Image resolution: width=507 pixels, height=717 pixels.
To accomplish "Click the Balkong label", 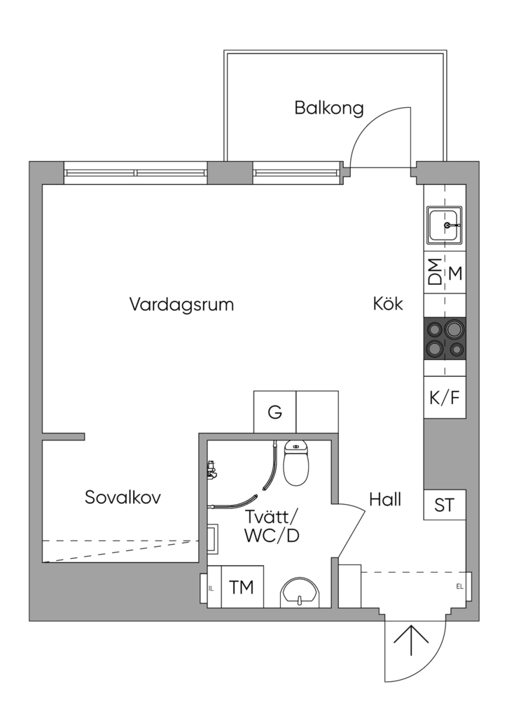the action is [x=328, y=108].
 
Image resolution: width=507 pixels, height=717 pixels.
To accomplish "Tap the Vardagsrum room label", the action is [x=181, y=304].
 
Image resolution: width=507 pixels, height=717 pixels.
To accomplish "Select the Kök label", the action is [x=388, y=304].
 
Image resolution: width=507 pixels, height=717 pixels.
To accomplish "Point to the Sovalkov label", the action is [x=123, y=497].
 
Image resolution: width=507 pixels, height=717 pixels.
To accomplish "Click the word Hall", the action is [x=385, y=499].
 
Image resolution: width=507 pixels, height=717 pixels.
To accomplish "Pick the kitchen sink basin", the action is [x=445, y=225].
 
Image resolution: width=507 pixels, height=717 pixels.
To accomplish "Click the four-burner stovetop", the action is [x=445, y=339].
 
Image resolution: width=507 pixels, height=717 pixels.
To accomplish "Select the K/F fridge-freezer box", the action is [x=445, y=397].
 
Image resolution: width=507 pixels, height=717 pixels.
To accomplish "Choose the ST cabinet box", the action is [x=445, y=505].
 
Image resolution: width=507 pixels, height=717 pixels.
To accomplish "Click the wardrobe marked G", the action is [x=275, y=412].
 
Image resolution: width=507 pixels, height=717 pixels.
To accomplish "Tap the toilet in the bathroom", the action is [x=297, y=463].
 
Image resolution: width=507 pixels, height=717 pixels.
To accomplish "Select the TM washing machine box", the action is [x=242, y=587].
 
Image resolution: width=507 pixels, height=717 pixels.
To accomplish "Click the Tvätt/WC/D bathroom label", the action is [x=272, y=527].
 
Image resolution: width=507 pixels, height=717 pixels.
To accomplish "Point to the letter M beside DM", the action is [x=455, y=274].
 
